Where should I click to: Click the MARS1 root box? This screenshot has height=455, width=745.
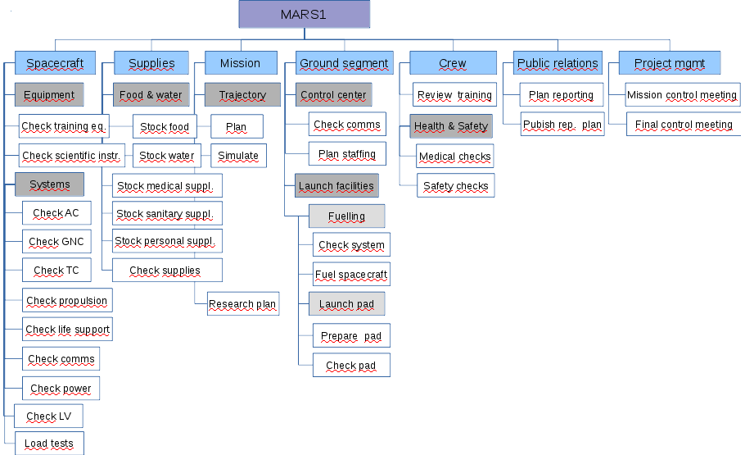[x=305, y=15]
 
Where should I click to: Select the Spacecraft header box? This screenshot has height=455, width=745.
[x=55, y=63]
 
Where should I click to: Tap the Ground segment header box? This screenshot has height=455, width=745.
[x=345, y=63]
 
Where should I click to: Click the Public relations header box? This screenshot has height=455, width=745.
[x=558, y=63]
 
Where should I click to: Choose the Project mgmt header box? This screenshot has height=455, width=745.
[x=669, y=63]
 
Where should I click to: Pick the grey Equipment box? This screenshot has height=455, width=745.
[x=49, y=95]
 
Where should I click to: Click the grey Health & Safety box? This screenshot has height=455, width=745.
[x=451, y=126]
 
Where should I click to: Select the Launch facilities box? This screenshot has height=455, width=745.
[x=336, y=186]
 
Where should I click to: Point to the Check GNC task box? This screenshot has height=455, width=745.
[x=56, y=242]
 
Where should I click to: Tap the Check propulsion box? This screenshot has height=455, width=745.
[x=67, y=301]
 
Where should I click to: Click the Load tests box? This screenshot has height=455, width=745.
[x=49, y=444]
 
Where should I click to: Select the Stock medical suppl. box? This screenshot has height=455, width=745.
[x=166, y=186]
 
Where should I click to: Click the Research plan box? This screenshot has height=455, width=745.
[x=242, y=304]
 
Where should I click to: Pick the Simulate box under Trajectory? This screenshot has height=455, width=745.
[x=238, y=156]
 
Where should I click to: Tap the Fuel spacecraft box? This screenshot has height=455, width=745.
[x=351, y=275]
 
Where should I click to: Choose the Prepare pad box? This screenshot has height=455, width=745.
[x=351, y=336]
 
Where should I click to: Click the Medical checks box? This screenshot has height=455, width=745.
[x=455, y=157]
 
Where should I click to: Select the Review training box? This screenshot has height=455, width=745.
[x=454, y=95]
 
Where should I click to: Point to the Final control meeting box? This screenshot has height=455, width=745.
[x=684, y=125]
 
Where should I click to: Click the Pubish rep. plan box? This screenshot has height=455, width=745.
[x=562, y=125]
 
